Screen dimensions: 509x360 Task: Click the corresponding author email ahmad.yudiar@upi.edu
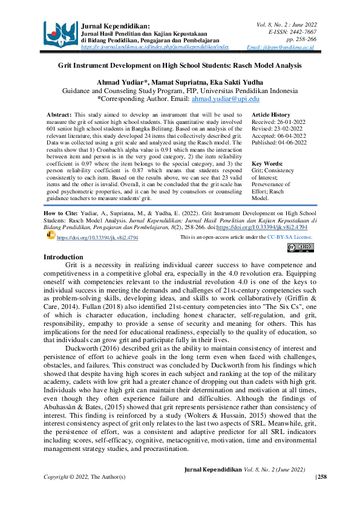(x=225, y=99)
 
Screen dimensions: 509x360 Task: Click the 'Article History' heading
(x=270, y=115)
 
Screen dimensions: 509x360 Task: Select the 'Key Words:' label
(x=267, y=164)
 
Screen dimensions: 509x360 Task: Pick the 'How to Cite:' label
(x=62, y=215)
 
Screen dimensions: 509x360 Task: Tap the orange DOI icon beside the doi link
(x=51, y=236)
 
